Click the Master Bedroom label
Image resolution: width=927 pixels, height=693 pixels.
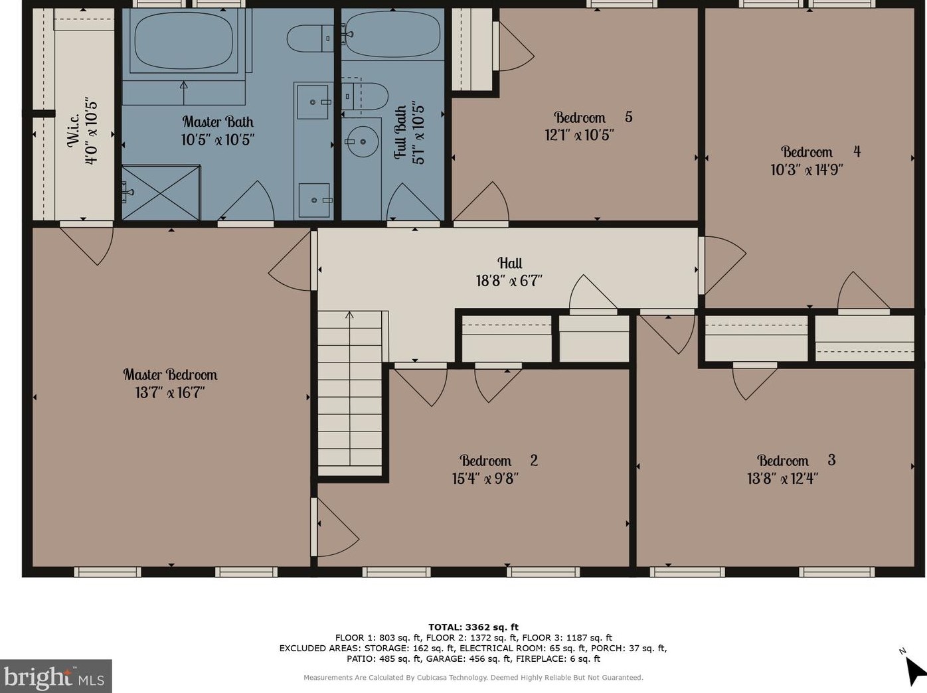click(x=170, y=374)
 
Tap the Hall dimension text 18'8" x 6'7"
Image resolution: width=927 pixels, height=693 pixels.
click(x=509, y=281)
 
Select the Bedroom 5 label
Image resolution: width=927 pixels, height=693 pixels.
click(x=593, y=117)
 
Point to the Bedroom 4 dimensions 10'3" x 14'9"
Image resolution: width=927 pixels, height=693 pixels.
click(x=807, y=170)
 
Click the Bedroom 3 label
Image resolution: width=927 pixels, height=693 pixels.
click(x=796, y=460)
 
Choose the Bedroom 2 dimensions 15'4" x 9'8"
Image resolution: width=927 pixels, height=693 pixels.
click(x=485, y=479)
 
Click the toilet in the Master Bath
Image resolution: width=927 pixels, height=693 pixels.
click(x=311, y=38)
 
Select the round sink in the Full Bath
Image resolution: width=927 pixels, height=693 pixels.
click(x=362, y=141)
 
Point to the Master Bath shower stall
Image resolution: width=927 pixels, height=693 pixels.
click(x=161, y=193)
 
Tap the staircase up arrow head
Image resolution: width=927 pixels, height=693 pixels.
click(x=349, y=315)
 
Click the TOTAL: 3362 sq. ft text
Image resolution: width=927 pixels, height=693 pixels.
click(x=473, y=627)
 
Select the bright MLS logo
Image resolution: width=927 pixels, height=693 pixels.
click(x=56, y=676)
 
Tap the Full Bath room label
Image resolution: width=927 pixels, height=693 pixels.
click(x=400, y=133)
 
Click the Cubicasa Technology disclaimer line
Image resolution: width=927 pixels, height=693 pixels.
click(x=473, y=678)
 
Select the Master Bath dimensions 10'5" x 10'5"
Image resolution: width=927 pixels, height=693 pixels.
click(x=218, y=139)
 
